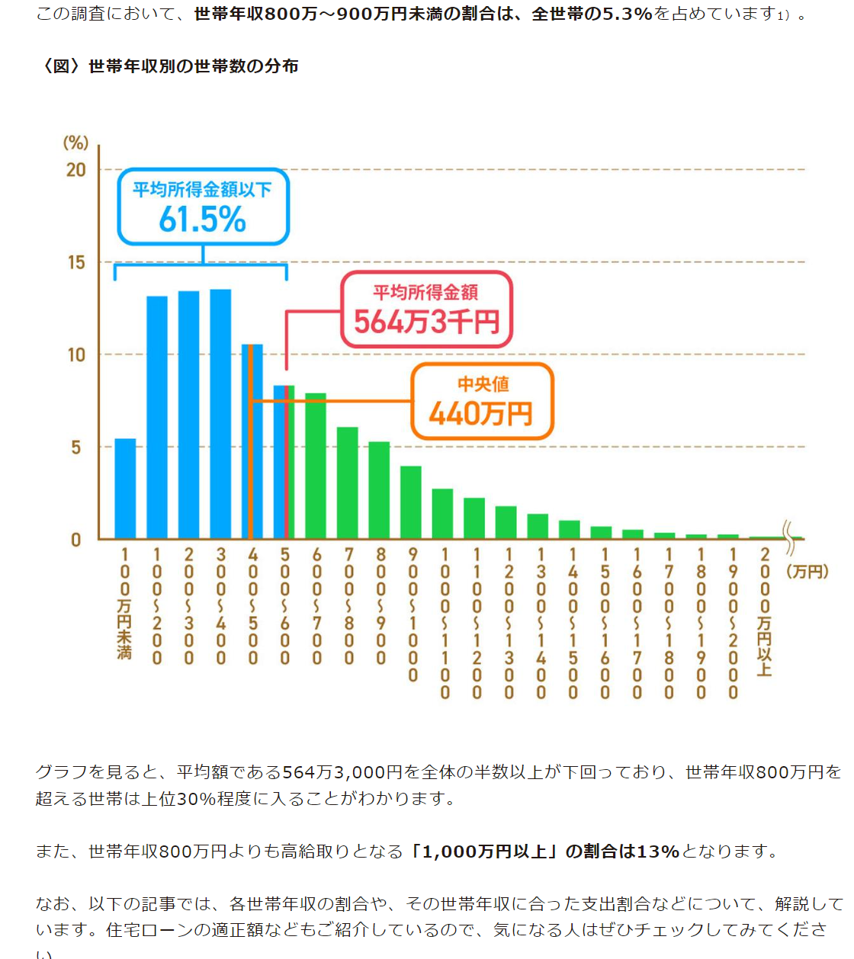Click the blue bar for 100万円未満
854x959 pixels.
[x=125, y=489]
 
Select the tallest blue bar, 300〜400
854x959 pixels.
[x=220, y=414]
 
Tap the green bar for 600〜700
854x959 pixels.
[x=316, y=466]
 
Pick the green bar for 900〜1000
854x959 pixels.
[x=411, y=502]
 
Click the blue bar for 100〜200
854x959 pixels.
[x=157, y=417]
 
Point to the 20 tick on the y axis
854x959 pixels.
[x=76, y=170]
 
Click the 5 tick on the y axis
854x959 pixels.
[x=76, y=447]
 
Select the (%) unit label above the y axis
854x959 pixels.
[x=75, y=143]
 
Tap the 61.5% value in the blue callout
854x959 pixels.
[x=202, y=220]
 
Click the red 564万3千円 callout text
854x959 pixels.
[x=426, y=322]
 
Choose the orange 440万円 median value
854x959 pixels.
[x=481, y=414]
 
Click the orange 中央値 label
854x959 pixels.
[x=483, y=384]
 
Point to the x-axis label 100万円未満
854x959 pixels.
[x=125, y=602]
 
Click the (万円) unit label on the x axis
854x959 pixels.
[x=807, y=572]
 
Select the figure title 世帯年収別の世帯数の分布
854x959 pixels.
[x=194, y=66]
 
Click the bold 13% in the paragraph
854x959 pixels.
[x=658, y=851]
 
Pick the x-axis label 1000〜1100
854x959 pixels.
[x=445, y=622]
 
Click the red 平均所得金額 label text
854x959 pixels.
[x=425, y=292]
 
